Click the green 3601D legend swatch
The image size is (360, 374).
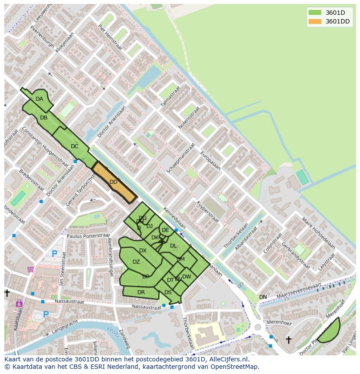[315, 13]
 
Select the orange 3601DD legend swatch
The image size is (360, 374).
[315, 22]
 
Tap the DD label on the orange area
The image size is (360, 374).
[113, 182]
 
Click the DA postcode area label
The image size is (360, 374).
[40, 99]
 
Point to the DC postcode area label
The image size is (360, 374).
[74, 146]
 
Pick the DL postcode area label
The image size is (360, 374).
[173, 246]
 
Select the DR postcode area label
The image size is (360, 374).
[141, 292]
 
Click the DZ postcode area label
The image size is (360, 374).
[136, 262]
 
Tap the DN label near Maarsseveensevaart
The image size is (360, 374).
[263, 297]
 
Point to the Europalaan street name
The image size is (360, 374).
[210, 161]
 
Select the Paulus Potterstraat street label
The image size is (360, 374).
[88, 236]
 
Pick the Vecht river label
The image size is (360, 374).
[112, 330]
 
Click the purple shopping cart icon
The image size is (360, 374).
[30, 269]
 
